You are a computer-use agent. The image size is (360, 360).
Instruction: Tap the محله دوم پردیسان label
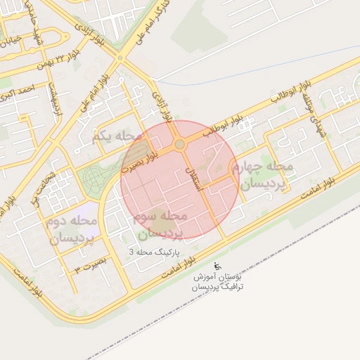pyautogui.click(x=73, y=229)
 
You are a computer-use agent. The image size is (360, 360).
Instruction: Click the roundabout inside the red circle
pyautogui.click(x=179, y=144)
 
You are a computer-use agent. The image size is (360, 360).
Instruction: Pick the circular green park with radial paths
pyautogui.click(x=93, y=181)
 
